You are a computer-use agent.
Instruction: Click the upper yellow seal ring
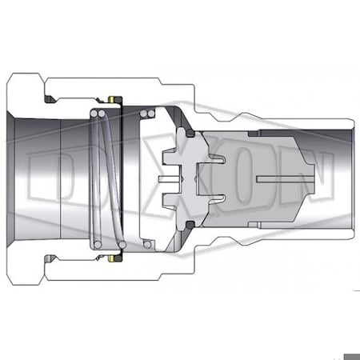pos(114,100)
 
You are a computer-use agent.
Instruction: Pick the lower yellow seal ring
pos(114,258)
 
